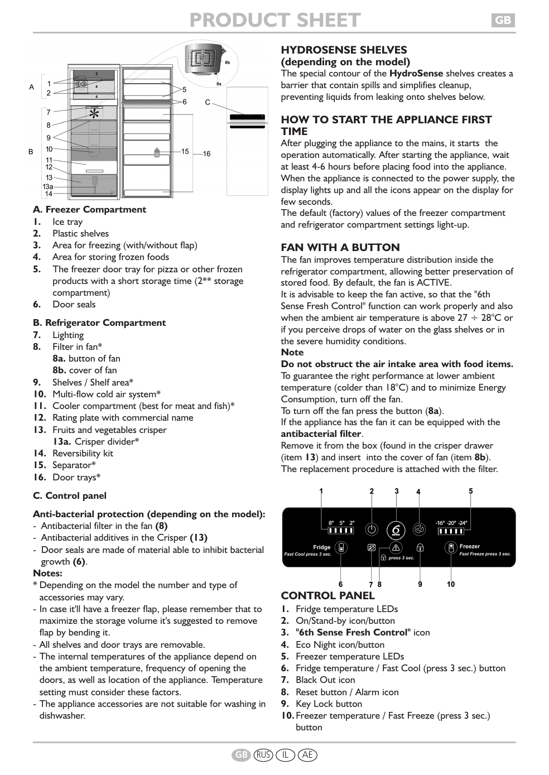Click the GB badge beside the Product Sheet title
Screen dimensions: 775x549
tap(503, 20)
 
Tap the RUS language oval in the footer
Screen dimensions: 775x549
tap(263, 755)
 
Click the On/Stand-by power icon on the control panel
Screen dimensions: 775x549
tap(372, 529)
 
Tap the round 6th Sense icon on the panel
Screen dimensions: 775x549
tap(396, 529)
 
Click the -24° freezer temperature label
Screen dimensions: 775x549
tap(463, 523)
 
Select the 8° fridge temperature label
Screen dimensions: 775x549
tap(331, 523)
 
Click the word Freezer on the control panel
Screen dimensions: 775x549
tap(469, 546)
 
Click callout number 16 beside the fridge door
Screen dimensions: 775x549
tap(206, 153)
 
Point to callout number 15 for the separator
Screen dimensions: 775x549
tap(185, 151)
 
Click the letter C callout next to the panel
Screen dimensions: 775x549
tap(208, 102)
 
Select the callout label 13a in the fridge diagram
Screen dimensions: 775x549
tap(48, 187)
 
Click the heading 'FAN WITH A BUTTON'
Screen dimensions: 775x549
tap(340, 247)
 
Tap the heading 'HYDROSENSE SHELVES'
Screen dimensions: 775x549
tap(344, 50)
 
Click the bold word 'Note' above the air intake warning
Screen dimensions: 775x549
tap(292, 352)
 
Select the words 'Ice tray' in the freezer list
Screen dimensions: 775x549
tap(68, 222)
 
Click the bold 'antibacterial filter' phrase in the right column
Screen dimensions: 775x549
tap(321, 434)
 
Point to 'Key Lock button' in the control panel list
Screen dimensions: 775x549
tap(329, 704)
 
